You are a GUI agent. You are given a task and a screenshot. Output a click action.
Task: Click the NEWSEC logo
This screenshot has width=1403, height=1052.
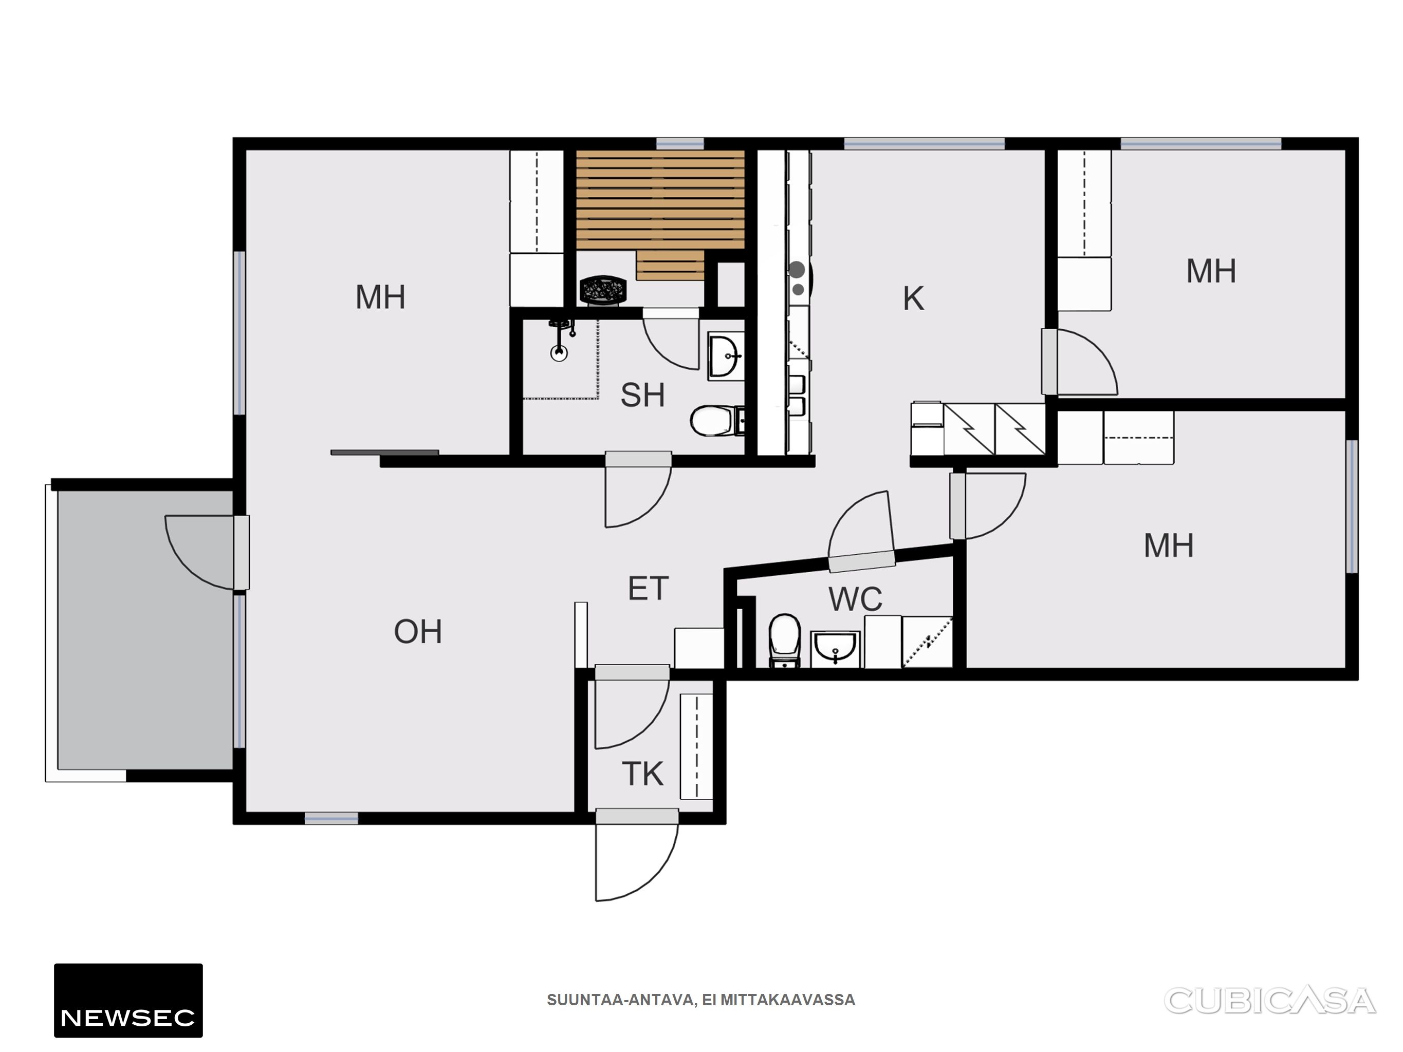coord(128,1000)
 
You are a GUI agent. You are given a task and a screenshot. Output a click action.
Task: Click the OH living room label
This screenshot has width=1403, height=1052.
coord(418,632)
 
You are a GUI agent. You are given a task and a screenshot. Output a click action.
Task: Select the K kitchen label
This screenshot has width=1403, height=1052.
coord(913,298)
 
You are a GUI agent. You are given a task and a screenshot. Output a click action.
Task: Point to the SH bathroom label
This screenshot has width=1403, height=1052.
coord(642,395)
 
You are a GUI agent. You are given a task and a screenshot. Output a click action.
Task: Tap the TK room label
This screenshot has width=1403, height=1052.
coord(642,774)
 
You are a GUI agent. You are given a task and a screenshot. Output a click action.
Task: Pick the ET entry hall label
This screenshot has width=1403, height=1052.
coord(648,589)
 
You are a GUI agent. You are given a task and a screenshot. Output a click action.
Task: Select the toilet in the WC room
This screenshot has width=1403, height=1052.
coord(785,641)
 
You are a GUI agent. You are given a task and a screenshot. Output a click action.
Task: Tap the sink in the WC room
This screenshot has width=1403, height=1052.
coord(835,649)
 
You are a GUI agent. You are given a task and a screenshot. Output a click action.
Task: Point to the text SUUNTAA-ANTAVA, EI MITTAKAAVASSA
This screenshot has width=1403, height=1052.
coord(701,1000)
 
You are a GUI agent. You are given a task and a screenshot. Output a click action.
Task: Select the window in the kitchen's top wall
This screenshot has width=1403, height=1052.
coord(924,143)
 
